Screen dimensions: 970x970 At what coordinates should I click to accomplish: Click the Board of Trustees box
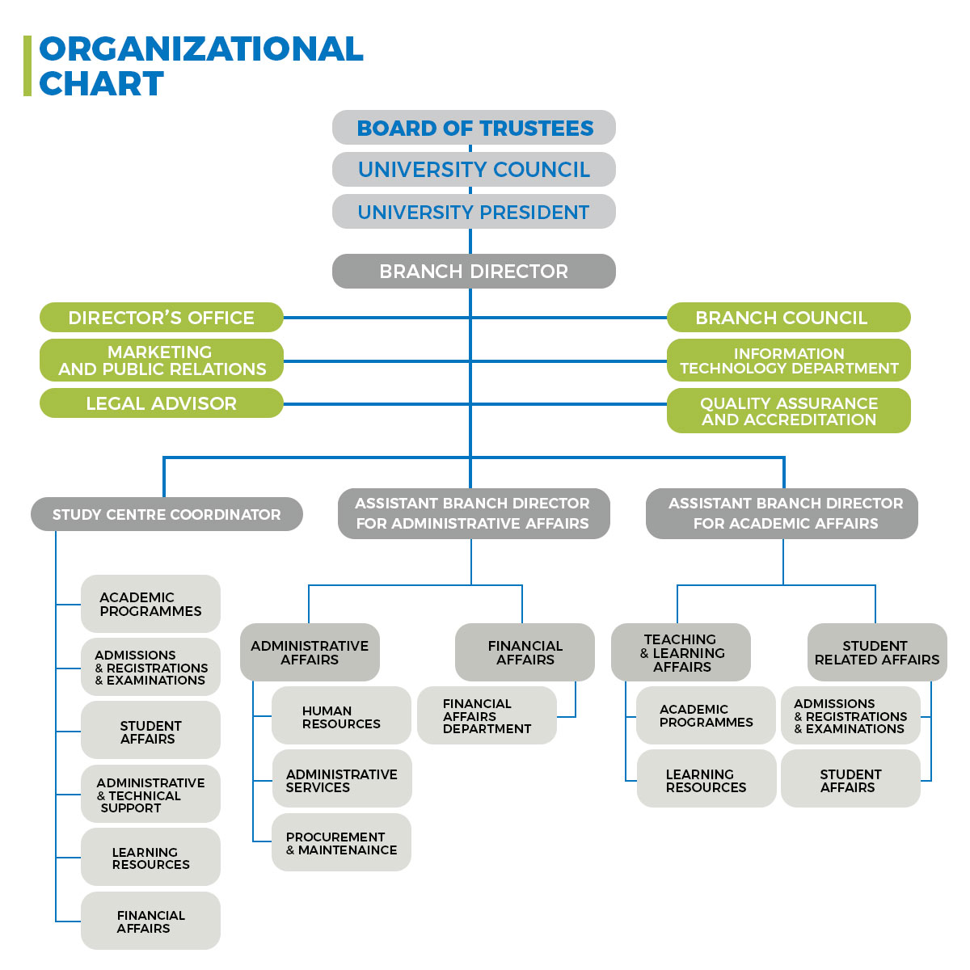(x=474, y=128)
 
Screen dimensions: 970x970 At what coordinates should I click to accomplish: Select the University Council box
(x=474, y=170)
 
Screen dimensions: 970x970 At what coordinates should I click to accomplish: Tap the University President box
(x=474, y=212)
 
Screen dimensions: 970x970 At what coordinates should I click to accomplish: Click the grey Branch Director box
(x=474, y=272)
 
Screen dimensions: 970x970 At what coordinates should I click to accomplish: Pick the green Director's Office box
(x=162, y=318)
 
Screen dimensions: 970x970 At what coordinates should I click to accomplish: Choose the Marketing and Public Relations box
(x=162, y=361)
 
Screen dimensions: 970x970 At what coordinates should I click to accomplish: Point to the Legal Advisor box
(x=162, y=403)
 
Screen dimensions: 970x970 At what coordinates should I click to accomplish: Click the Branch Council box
(x=788, y=318)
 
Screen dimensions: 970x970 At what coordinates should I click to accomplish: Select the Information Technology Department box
(x=788, y=361)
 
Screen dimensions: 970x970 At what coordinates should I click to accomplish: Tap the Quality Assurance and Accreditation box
(x=788, y=411)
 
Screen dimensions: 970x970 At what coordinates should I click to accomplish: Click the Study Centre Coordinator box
(x=167, y=514)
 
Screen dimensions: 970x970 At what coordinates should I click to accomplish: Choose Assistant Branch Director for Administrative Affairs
(x=474, y=513)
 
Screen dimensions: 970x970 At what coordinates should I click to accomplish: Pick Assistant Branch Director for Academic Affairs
(x=782, y=513)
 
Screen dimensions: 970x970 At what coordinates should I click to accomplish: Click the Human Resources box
(x=341, y=716)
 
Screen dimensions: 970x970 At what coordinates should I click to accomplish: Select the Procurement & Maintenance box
(x=341, y=842)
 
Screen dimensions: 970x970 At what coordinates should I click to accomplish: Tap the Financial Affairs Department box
(x=487, y=716)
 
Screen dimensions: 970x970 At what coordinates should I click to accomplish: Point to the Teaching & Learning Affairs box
(x=681, y=652)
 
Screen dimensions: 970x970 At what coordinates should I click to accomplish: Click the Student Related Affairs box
(x=877, y=652)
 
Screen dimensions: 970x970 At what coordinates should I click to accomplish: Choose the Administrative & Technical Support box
(x=150, y=795)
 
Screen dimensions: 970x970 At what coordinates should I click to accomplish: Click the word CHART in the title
(x=102, y=84)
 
